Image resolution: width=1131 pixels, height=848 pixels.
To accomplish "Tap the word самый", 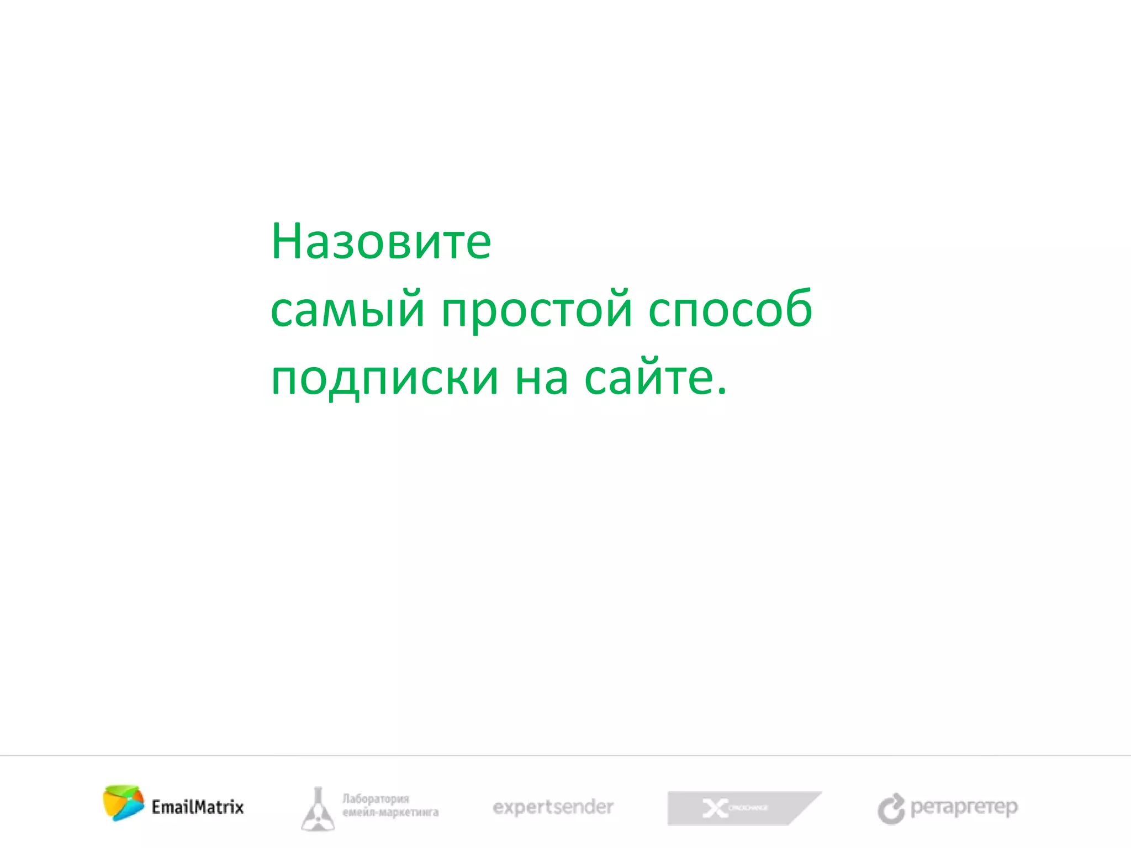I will (x=347, y=309).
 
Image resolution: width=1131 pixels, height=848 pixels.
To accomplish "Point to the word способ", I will (x=730, y=309).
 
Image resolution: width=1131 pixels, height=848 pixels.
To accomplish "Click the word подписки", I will (x=385, y=380).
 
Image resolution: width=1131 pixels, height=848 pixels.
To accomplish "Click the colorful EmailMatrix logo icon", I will (x=123, y=803).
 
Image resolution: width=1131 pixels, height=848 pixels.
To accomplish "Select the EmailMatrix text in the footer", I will (x=198, y=807).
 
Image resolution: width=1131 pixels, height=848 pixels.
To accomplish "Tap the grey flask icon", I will (x=318, y=809).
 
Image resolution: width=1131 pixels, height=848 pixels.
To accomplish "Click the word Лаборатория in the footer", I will (x=376, y=799).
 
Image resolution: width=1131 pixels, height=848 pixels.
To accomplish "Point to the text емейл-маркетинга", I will (x=390, y=813).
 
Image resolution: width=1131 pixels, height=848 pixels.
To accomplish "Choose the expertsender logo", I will (x=553, y=807).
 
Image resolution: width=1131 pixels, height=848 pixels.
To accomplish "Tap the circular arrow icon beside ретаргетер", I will (x=891, y=809).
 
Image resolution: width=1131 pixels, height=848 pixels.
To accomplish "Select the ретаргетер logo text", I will (x=964, y=807).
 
